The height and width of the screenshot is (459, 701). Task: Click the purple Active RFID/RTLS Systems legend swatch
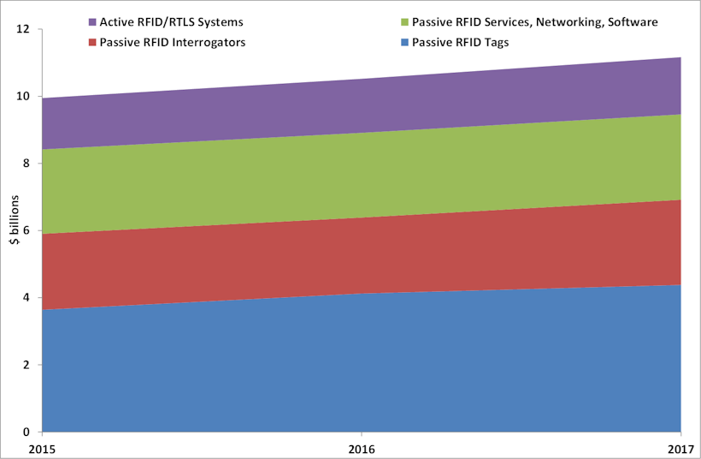(x=92, y=21)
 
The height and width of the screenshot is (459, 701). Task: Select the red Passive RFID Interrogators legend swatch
(x=92, y=42)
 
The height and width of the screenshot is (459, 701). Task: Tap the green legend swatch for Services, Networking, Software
(x=403, y=21)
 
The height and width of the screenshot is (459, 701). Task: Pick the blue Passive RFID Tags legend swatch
(x=403, y=42)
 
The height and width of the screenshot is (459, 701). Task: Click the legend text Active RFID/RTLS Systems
(x=172, y=21)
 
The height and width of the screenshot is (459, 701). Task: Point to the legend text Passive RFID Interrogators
(x=172, y=42)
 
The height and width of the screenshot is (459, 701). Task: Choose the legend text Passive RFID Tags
(x=460, y=42)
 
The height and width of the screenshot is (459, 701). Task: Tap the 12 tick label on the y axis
(x=23, y=29)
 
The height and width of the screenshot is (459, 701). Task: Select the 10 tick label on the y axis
(x=23, y=97)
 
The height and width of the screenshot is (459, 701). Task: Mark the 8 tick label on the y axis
(x=26, y=164)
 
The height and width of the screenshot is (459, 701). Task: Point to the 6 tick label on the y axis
(x=26, y=230)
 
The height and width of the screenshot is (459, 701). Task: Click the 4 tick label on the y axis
(x=26, y=298)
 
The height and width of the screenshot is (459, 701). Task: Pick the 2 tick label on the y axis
(x=26, y=365)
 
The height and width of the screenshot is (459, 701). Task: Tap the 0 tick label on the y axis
(x=26, y=432)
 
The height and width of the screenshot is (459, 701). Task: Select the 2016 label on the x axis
(x=362, y=449)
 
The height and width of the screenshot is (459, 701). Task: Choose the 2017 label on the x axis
(x=681, y=449)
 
